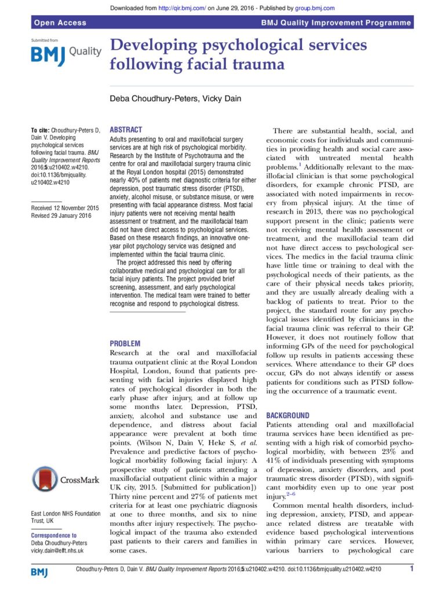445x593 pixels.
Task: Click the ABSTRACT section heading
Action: pos(126,130)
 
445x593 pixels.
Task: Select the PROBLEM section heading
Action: pos(125,343)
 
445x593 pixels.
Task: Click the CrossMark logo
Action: pos(65,478)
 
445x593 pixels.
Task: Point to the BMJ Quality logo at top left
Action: pos(65,53)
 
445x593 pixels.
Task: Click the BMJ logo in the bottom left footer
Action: pos(39,572)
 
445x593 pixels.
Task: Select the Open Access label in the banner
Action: pos(60,23)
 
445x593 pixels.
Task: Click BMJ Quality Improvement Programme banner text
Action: pos(336,23)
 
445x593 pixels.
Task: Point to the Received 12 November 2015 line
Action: pos(65,208)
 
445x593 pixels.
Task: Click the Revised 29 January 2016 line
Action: pos(61,215)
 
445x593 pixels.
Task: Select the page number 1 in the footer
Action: pos(411,569)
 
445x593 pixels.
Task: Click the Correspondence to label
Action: pos(53,536)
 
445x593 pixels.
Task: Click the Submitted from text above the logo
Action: pos(45,41)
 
